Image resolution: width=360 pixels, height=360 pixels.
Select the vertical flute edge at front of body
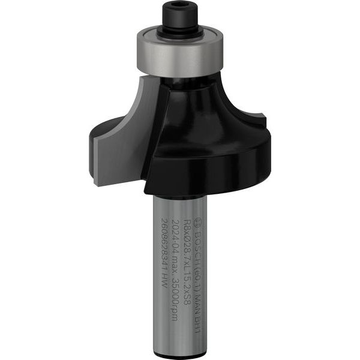click(154, 138)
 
